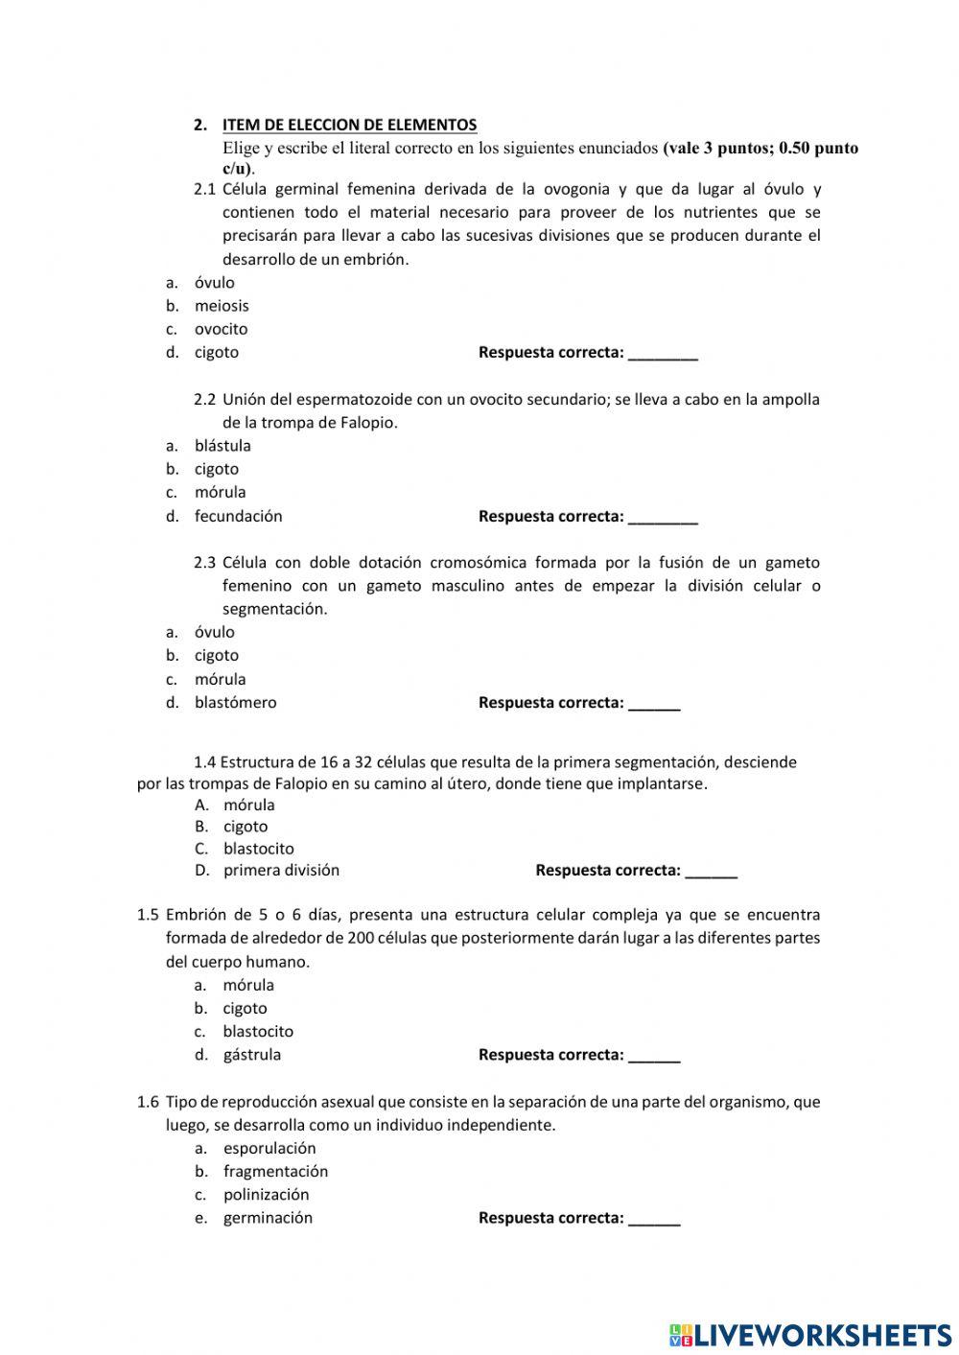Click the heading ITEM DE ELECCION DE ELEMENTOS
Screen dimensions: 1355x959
pos(349,125)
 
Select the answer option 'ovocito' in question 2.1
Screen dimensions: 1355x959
pos(221,329)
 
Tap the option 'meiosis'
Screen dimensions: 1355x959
pos(222,306)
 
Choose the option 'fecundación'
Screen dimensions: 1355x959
pos(238,516)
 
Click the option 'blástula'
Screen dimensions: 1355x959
pos(222,446)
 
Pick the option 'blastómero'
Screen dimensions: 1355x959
pos(235,702)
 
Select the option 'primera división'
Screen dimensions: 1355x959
pos(281,871)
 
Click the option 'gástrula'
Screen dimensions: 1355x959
pos(251,1055)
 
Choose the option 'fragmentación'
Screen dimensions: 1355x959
pos(275,1171)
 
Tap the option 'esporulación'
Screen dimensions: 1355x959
pos(269,1148)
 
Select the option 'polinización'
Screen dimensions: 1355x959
pos(266,1195)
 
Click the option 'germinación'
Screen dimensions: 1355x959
pos(268,1218)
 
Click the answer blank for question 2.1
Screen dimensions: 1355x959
pos(663,355)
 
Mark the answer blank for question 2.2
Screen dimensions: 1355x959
pos(663,519)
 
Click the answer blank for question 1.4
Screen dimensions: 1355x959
pos(712,873)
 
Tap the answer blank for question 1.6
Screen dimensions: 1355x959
pos(654,1221)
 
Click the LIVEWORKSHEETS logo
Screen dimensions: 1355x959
pos(810,1334)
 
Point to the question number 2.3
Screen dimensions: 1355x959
pos(204,563)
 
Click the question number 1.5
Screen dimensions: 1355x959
pos(148,915)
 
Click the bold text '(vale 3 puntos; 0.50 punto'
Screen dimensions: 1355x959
pos(760,148)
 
